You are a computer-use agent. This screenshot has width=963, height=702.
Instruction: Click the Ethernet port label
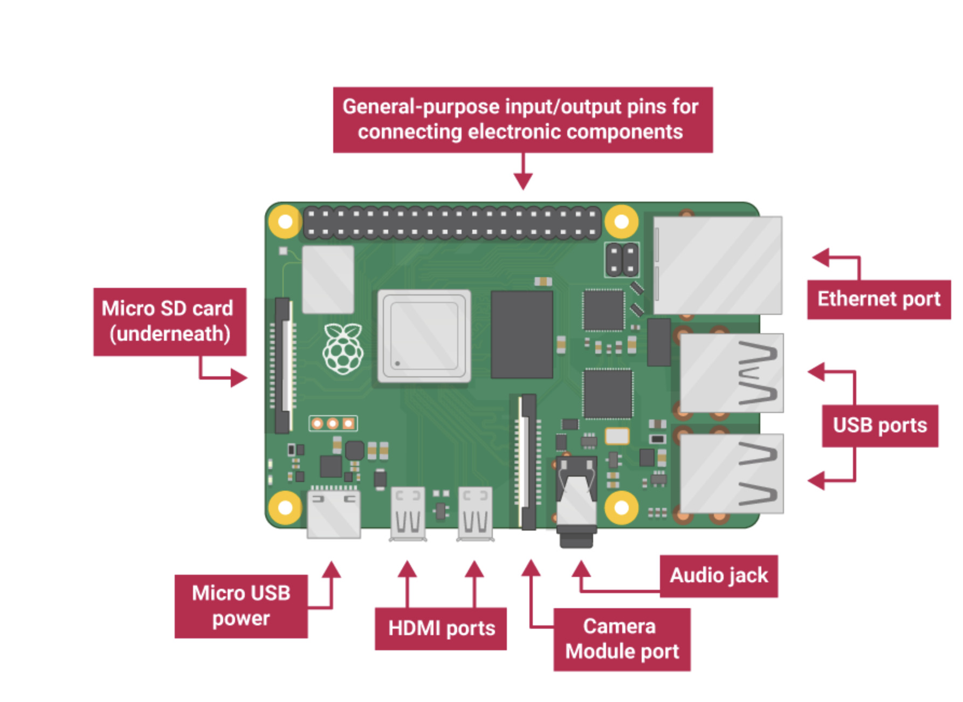point(878,299)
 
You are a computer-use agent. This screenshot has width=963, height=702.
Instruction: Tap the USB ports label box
point(879,425)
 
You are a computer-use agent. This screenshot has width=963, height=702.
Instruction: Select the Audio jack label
point(718,576)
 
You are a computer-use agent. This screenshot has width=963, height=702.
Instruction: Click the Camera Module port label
point(621,639)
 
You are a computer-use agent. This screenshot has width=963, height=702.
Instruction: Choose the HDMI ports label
point(441,629)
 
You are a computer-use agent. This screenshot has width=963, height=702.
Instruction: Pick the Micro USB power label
point(241,606)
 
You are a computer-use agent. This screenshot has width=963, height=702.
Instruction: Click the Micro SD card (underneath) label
point(169,321)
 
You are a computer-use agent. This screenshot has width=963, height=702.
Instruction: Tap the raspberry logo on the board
point(343,349)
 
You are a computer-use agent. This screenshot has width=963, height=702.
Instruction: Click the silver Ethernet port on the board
point(717,265)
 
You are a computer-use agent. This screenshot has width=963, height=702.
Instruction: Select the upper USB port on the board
point(731,373)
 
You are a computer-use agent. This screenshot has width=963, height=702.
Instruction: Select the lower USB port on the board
point(731,473)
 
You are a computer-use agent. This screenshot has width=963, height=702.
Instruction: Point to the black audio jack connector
point(576,501)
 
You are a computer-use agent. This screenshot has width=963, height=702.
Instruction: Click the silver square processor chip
point(424,336)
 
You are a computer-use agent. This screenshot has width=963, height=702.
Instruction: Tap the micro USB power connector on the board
point(334,513)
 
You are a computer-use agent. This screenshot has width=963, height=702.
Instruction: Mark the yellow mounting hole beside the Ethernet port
point(621,222)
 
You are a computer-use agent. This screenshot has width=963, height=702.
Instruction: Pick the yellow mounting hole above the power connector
point(285,507)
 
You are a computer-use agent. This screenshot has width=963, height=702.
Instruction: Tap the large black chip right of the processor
point(521,334)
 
